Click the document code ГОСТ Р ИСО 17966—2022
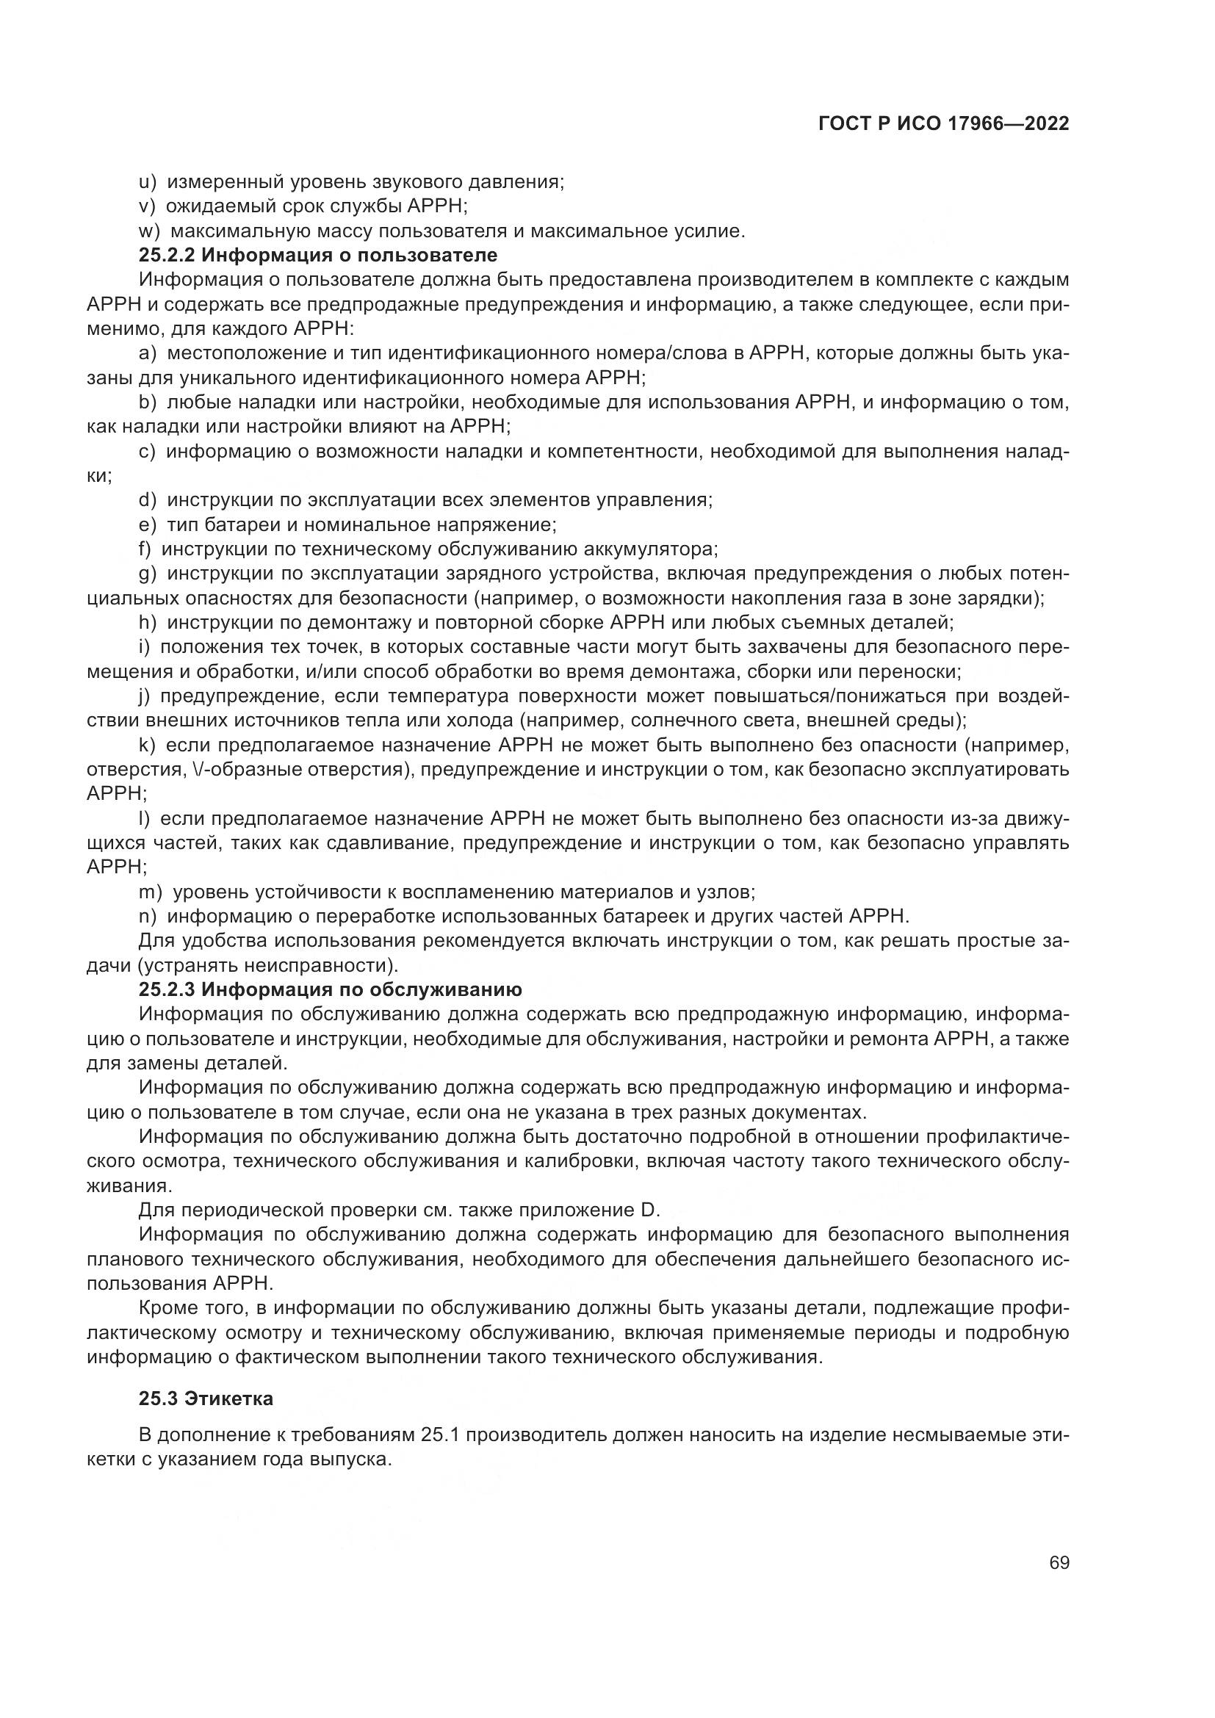pos(943,124)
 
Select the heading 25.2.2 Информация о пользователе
pos(318,255)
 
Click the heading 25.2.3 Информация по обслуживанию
pos(330,989)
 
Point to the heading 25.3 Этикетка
pos(206,1398)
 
